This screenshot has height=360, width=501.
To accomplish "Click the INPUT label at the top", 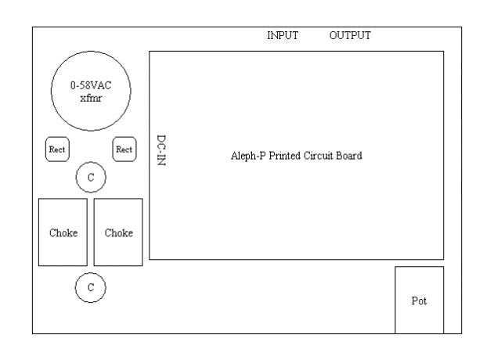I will click(283, 35).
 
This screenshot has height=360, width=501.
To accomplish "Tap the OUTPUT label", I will click(350, 35).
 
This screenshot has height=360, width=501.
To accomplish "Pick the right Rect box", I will click(124, 148).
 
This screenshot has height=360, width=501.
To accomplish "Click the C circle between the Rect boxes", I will click(91, 178).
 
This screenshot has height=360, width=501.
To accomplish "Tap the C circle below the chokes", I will click(91, 287).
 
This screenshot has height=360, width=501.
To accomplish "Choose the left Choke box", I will click(63, 232).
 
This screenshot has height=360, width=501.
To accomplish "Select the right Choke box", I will click(118, 232).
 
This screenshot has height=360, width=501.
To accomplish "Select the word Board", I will click(349, 155).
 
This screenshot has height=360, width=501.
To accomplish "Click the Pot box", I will click(419, 300).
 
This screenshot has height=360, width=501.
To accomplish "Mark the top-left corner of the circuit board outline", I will click(150, 52).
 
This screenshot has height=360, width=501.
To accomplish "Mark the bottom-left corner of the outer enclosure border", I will click(32, 334).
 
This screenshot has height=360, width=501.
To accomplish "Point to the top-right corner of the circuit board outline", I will click(444, 52).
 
